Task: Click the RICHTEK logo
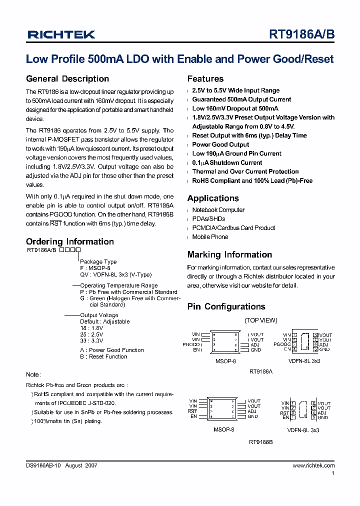(61, 34)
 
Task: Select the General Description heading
(67, 79)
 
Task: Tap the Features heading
(205, 79)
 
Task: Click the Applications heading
(213, 198)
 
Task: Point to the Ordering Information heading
(69, 241)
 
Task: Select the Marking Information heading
(229, 254)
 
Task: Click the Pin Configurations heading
(226, 306)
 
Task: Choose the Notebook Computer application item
(218, 210)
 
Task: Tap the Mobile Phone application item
(210, 237)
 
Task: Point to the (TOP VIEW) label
(260, 320)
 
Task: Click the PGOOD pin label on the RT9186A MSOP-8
(191, 344)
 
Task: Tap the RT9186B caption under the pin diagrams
(260, 442)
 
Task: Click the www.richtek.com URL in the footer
(313, 465)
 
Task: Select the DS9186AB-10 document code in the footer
(43, 465)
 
